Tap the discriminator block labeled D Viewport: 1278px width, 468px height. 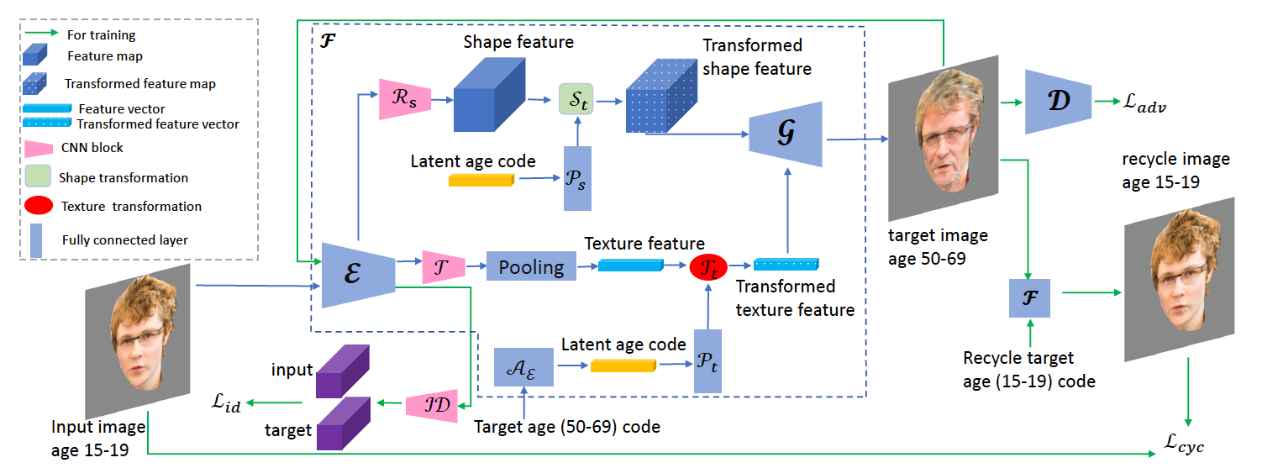click(1057, 102)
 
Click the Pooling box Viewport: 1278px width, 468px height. click(531, 266)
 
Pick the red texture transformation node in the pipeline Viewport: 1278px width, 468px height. click(707, 266)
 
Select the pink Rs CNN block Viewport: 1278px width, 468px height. click(405, 96)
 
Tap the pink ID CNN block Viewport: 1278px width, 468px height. click(432, 405)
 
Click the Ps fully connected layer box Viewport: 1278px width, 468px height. click(578, 178)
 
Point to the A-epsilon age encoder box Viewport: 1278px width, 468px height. click(523, 366)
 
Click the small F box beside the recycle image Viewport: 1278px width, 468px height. click(1029, 297)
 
